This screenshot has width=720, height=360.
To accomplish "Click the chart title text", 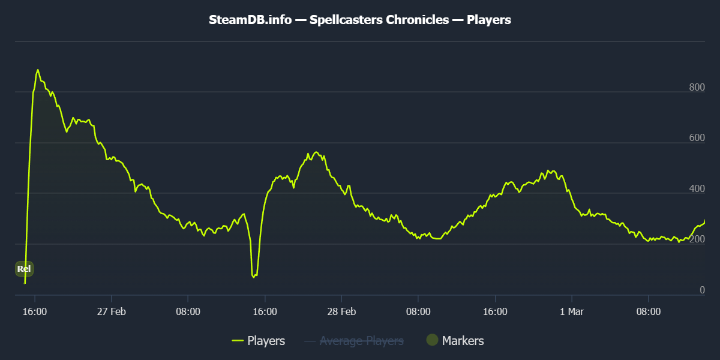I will [x=360, y=20].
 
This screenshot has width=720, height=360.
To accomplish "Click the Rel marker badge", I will [x=24, y=269].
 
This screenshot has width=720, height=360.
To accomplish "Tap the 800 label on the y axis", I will [x=697, y=88].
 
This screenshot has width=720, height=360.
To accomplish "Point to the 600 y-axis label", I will [x=697, y=138].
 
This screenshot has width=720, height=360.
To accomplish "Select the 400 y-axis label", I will [x=697, y=189].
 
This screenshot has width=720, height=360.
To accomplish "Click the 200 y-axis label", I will [x=697, y=240].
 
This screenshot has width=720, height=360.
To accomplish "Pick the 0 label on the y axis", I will [x=702, y=290].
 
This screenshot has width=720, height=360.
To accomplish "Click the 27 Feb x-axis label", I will [x=111, y=312].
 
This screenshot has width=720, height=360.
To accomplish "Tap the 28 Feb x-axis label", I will [x=341, y=312].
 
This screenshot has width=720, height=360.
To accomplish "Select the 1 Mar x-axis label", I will [x=571, y=312].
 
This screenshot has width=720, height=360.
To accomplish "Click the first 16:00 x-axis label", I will [x=35, y=312].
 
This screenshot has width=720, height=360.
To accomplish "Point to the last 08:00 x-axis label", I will [x=648, y=312].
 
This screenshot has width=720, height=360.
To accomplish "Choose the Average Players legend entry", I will [x=361, y=341].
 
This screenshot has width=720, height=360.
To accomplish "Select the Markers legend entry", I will [x=463, y=341].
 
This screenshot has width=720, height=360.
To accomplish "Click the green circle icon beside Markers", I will [x=432, y=340].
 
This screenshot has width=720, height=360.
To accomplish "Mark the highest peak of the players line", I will [x=38, y=70].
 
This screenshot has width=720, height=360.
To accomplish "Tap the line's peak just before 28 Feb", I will [x=316, y=152].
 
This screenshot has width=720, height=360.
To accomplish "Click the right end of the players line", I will [x=704, y=221].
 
